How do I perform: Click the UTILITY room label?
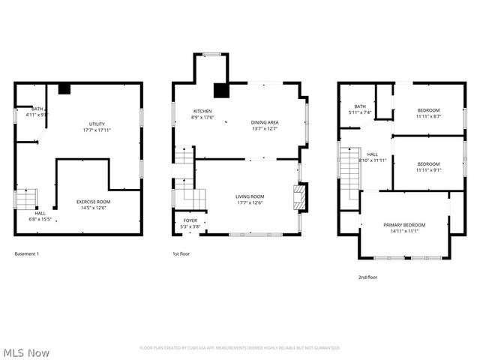[x=97, y=124]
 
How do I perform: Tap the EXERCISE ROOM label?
[x=93, y=202]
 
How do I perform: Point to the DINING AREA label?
[x=265, y=122]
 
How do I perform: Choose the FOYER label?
[x=190, y=221]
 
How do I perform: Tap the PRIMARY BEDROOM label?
[x=403, y=225]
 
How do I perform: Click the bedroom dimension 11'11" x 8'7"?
[x=428, y=116]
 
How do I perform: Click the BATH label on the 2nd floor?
[x=360, y=106]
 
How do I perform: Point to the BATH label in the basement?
[x=37, y=109]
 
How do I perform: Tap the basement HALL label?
[x=40, y=214]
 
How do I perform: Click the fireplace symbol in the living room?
[x=299, y=198]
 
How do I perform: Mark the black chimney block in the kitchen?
[x=220, y=91]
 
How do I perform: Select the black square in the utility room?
[x=64, y=89]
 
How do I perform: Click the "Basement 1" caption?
[x=27, y=254]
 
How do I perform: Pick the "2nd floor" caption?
[x=367, y=277]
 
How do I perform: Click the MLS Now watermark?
[x=26, y=352]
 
